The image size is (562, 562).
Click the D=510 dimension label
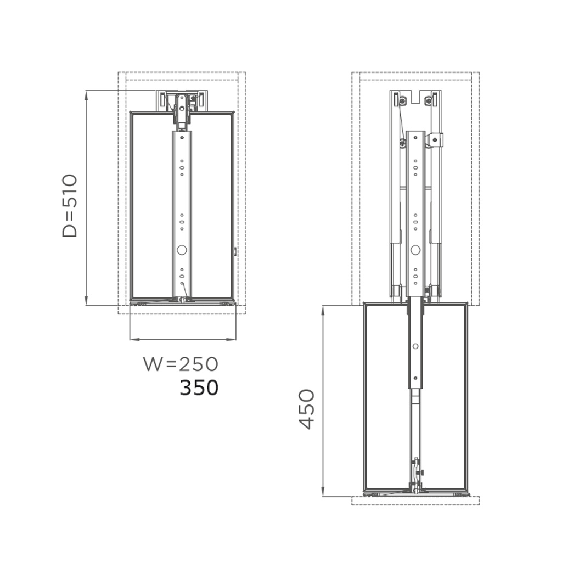(x=70, y=206)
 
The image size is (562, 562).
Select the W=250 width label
(x=181, y=364)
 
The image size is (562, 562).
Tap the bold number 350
(x=199, y=387)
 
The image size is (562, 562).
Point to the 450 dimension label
(x=307, y=409)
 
